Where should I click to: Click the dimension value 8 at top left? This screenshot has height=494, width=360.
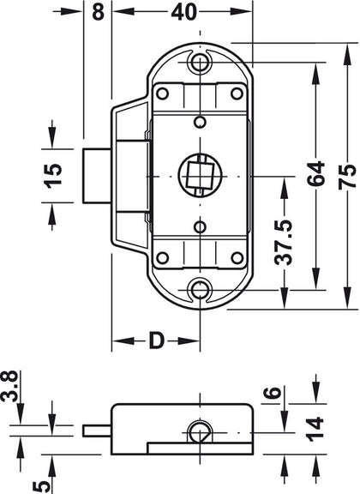point(98,13)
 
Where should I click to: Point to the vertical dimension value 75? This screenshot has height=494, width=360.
point(345,175)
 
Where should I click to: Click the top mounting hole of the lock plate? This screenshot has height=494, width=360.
point(202,62)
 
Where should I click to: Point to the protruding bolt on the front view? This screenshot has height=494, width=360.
point(97,176)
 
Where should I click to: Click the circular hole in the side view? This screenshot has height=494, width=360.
point(198,431)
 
